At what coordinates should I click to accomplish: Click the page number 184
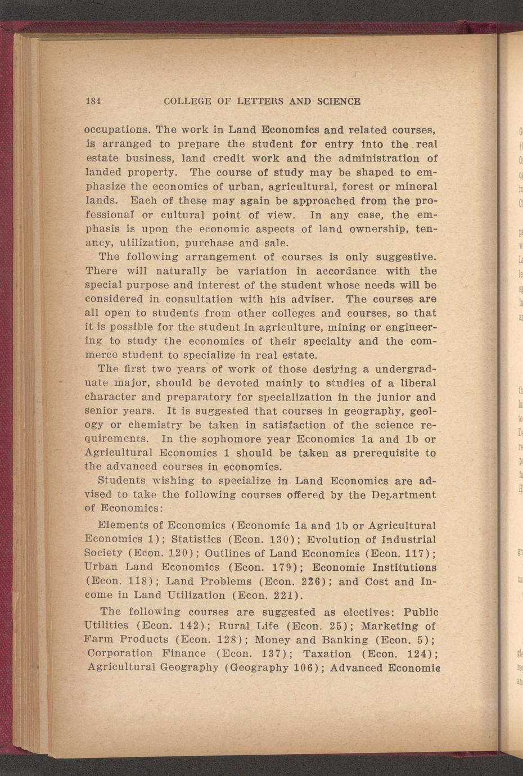point(93,102)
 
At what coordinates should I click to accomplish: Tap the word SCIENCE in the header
point(339,102)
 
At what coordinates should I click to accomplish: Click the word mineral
point(415,187)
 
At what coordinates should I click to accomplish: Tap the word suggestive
point(402,257)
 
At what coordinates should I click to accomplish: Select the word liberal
point(416,383)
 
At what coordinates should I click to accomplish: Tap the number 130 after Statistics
point(281,540)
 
